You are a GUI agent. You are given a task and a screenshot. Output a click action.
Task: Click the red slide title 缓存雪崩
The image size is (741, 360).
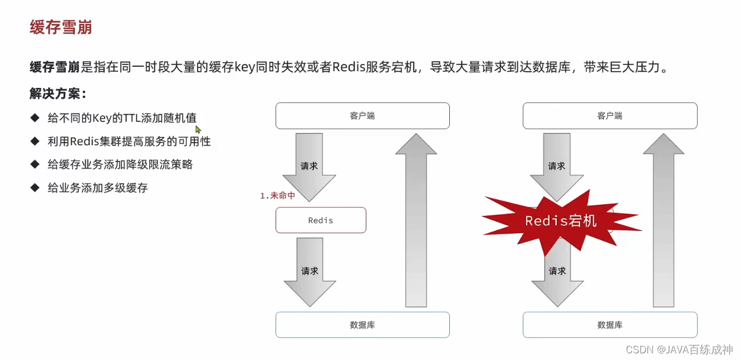(x=61, y=27)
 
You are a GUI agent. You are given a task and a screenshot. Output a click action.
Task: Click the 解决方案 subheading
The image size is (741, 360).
(x=58, y=93)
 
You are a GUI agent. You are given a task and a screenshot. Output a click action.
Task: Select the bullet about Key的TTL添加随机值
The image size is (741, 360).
(x=121, y=118)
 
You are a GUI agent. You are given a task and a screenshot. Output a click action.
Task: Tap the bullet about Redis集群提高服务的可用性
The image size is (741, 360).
(x=129, y=141)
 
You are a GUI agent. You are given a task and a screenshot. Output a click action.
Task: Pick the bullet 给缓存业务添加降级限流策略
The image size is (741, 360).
(x=120, y=165)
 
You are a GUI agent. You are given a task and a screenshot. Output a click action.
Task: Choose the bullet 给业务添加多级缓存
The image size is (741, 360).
(x=97, y=188)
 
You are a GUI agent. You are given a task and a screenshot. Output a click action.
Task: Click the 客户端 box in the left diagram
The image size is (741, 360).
(x=362, y=116)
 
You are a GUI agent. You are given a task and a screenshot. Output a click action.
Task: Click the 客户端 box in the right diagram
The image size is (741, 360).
(x=610, y=116)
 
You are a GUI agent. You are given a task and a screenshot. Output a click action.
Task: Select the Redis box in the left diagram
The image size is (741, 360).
(x=321, y=220)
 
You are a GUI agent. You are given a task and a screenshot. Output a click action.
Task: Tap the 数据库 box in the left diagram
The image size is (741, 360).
(x=362, y=324)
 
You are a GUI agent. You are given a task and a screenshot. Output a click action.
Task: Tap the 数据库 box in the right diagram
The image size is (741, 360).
(x=610, y=324)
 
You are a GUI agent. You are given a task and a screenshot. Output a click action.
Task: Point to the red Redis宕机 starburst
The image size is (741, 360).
(x=561, y=221)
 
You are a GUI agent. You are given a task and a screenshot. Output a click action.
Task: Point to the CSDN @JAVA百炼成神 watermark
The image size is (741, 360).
(x=679, y=349)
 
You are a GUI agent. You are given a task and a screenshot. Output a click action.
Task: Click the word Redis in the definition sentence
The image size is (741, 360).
(x=348, y=68)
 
